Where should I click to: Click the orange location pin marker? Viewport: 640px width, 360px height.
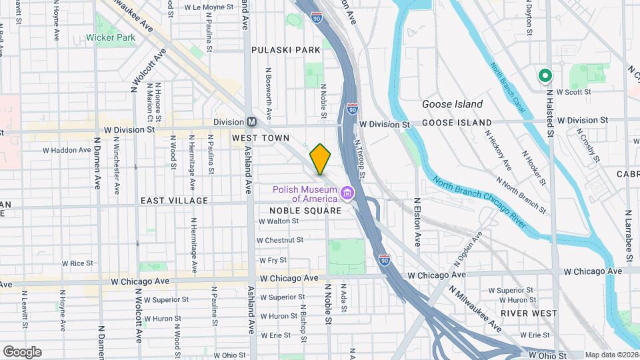click(x=321, y=159)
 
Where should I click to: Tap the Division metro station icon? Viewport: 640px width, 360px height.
click(x=252, y=122)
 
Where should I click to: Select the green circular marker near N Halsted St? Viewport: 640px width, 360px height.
click(x=545, y=76)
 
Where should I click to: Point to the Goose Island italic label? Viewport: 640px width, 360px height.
click(x=452, y=105)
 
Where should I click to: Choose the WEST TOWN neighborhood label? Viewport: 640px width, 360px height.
click(x=261, y=138)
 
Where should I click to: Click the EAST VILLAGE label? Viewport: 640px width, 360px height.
click(x=174, y=201)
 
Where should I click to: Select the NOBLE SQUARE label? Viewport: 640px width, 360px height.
click(x=305, y=211)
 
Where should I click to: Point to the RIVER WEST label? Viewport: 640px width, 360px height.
click(x=529, y=313)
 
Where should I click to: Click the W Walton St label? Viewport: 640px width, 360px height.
click(x=278, y=221)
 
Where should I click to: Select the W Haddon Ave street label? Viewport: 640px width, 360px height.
click(x=70, y=150)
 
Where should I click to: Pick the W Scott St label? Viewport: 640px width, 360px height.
click(x=575, y=92)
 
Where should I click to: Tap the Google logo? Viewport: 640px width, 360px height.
click(x=22, y=352)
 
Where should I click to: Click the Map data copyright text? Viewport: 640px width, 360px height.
click(x=611, y=355)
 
